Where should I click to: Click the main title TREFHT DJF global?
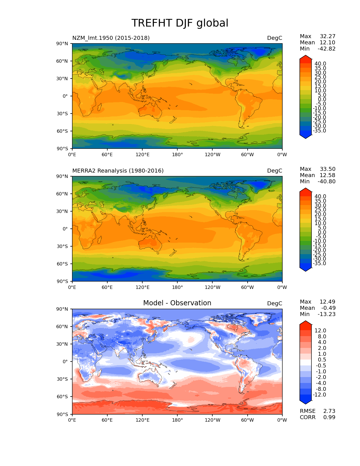pos(180,23)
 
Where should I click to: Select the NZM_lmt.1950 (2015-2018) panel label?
pos(111,38)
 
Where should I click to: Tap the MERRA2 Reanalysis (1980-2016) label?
pos(118,171)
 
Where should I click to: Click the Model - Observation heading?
pos(177,303)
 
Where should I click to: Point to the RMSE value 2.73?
pos(329,411)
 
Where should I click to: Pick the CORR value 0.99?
pos(329,417)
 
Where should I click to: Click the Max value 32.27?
pos(328,36)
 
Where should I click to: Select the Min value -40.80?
pos(327,181)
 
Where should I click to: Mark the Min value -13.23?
pos(327,314)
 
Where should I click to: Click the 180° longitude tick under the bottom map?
pos(177,420)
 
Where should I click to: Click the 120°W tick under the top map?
pos(212,154)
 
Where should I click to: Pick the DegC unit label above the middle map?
pos(274,171)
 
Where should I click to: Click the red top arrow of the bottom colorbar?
pos(306,323)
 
